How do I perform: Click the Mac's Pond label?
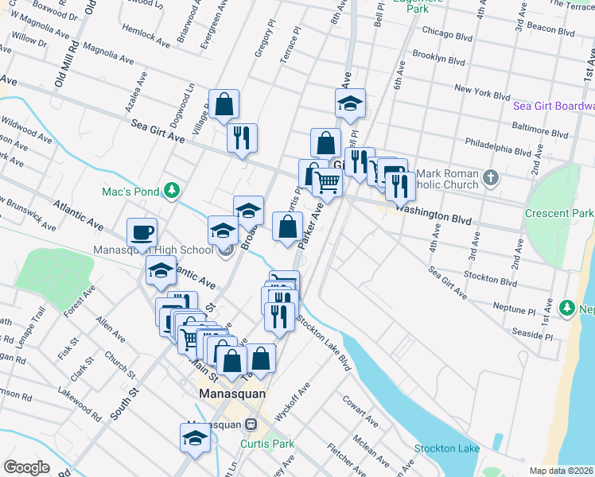pyautogui.click(x=130, y=191)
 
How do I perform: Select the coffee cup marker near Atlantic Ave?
pyautogui.click(x=142, y=233)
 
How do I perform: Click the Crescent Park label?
pyautogui.click(x=559, y=213)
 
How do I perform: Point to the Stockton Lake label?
pyautogui.click(x=447, y=448)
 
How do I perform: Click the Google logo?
pyautogui.click(x=26, y=467)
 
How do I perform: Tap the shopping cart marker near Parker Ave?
pyautogui.click(x=328, y=183)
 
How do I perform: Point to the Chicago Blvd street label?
pyautogui.click(x=448, y=35)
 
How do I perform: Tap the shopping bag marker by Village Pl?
pyautogui.click(x=224, y=104)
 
